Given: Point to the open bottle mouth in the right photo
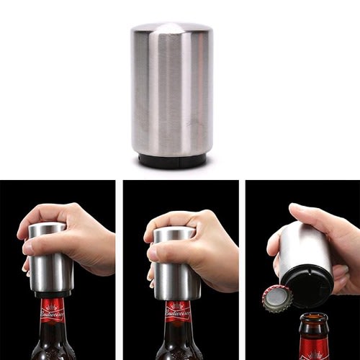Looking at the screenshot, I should click(314, 318).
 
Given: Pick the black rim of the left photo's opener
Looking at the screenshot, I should click(52, 293).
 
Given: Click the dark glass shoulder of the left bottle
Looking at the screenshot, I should click(52, 349).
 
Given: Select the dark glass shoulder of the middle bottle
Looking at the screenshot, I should click(177, 349).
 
